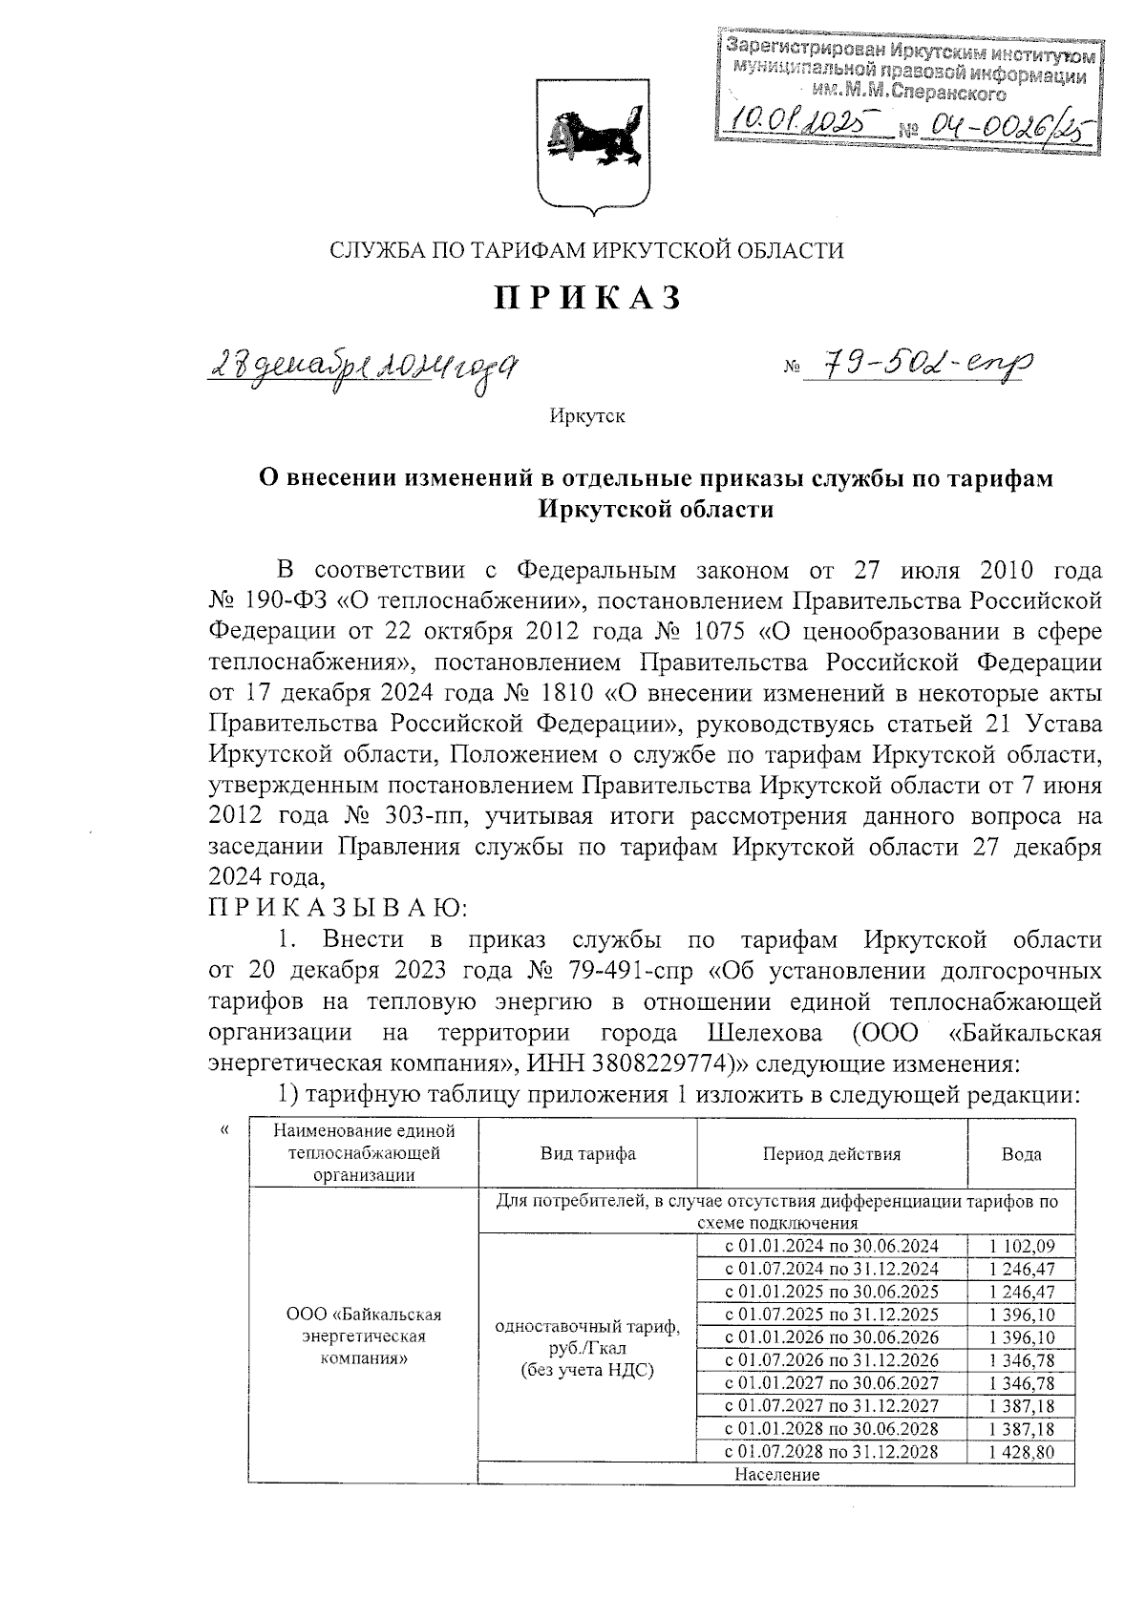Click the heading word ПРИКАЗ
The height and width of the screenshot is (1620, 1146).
coord(587,298)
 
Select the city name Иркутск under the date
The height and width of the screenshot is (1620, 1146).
coord(586,416)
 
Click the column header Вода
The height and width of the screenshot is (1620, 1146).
coord(1021,1153)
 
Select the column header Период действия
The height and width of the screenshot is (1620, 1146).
coord(831,1153)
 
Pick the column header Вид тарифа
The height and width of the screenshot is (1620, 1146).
coord(586,1153)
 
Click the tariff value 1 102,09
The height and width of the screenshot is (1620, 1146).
coord(1021,1246)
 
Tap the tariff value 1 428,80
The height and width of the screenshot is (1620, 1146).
coord(1021,1452)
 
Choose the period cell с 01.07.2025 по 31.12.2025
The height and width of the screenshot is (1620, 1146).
coord(832,1315)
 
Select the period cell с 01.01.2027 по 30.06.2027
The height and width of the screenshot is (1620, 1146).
coord(832,1383)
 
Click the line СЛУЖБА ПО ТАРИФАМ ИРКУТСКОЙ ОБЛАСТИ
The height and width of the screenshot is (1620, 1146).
coord(586,251)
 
